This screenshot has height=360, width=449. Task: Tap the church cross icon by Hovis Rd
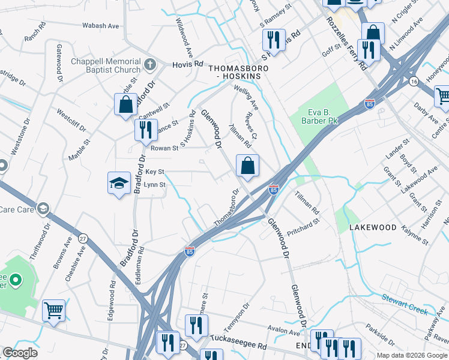coord(149,63)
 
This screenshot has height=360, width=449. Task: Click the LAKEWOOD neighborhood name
coord(373,227)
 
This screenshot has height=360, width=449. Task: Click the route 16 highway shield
coord(414,80)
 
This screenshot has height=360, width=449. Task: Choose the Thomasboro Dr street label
coord(227,209)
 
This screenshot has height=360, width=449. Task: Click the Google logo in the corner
coord(20,353)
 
